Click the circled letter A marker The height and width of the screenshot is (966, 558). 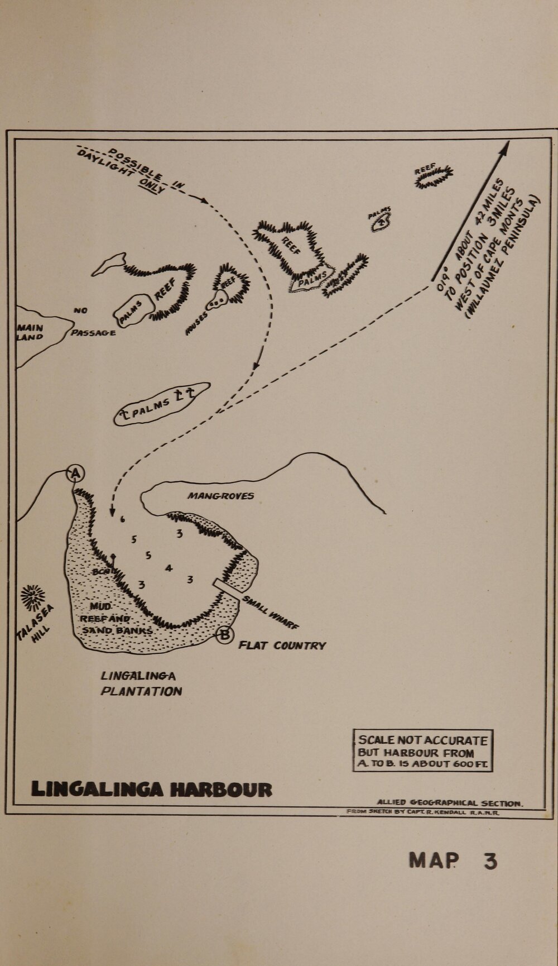(75, 474)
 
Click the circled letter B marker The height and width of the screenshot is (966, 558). (224, 635)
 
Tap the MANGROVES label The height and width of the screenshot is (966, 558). (220, 495)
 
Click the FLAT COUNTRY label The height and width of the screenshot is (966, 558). (282, 645)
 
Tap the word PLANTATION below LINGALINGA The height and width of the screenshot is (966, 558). (141, 691)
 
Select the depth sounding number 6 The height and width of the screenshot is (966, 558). (123, 519)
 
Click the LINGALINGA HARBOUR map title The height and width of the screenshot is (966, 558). (152, 789)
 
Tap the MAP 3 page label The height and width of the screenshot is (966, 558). (452, 860)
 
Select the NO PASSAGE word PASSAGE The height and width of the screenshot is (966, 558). (93, 333)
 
